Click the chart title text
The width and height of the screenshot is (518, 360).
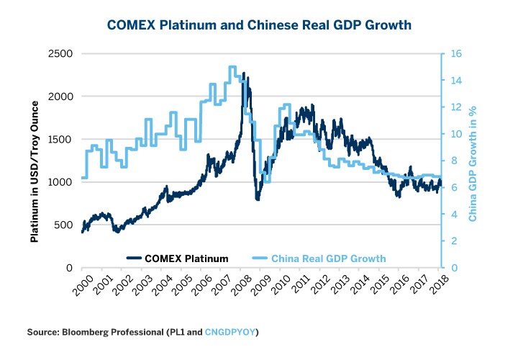(259, 25)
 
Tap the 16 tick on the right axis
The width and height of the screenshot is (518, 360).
(454, 54)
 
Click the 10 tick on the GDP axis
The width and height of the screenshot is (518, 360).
(454, 134)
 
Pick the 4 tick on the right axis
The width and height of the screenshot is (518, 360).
(451, 215)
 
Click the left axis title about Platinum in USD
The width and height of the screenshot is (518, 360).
(33, 160)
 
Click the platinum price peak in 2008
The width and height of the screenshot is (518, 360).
(244, 73)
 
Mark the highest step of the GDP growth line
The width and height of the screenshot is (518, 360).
(232, 67)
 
